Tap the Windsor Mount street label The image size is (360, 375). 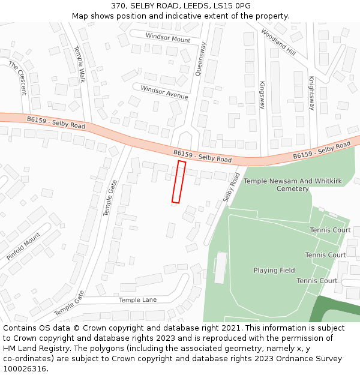(x=168, y=37)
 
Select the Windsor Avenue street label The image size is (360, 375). (x=164, y=92)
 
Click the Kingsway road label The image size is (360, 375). (x=262, y=95)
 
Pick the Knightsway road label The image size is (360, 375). (x=311, y=93)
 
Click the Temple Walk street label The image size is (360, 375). (x=79, y=64)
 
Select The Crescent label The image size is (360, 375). (x=18, y=78)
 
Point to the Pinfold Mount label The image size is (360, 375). (x=23, y=247)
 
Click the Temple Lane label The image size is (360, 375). (x=137, y=300)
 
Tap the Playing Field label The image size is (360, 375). (x=274, y=271)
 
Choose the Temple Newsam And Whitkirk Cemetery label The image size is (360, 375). (x=284, y=185)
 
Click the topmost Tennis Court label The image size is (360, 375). (x=330, y=230)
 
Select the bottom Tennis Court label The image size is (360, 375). (x=317, y=281)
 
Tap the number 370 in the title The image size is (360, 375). (x=118, y=5)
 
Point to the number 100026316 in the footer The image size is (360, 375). (x=25, y=369)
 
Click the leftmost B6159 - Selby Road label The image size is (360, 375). (x=56, y=123)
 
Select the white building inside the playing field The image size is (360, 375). (x=220, y=268)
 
